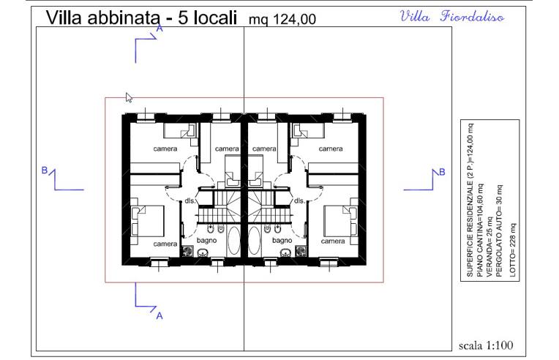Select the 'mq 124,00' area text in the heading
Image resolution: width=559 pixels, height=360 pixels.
(282, 20)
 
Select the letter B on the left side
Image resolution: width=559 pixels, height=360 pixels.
(44, 170)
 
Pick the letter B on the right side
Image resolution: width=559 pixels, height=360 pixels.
(441, 171)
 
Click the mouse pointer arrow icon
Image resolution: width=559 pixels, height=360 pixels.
(129, 97)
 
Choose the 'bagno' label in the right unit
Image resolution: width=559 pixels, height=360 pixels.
(282, 239)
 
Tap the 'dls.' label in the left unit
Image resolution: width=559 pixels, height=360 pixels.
(190, 200)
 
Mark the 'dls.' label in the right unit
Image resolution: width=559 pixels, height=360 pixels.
(299, 200)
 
